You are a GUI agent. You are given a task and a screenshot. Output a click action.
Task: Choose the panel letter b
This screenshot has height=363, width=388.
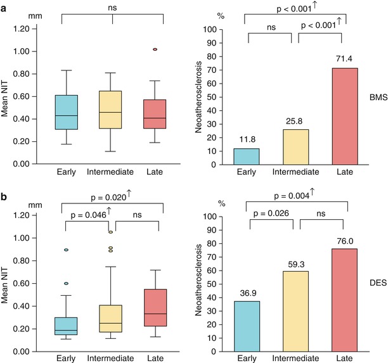point(4,191)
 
